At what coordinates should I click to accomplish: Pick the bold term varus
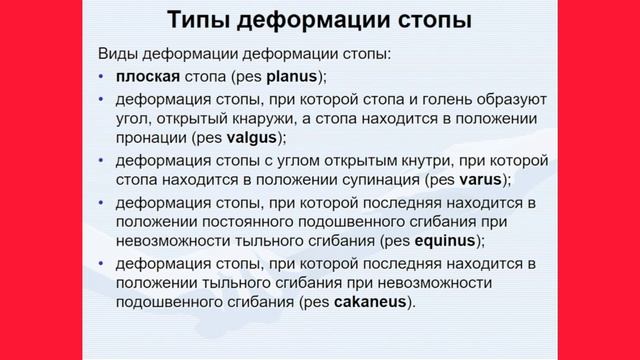pos(483,180)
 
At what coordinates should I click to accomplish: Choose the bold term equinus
pos(446,241)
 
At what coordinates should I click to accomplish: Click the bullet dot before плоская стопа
pos(102,77)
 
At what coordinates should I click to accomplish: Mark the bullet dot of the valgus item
pos(102,99)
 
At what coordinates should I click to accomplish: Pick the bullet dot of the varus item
pos(102,160)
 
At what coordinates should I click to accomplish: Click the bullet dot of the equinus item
pos(102,201)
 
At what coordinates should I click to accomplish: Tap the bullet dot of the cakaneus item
pos(102,262)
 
